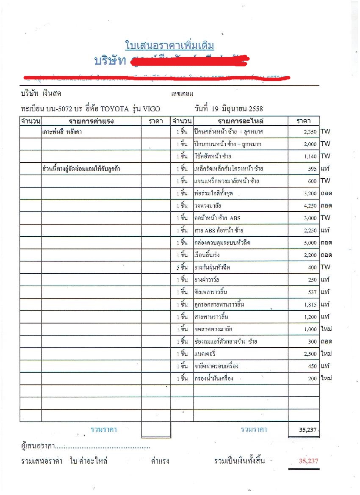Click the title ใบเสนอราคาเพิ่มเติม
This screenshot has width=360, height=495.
(170, 45)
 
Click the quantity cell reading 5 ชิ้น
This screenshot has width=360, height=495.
(182, 267)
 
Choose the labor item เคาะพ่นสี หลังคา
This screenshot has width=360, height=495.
(62, 132)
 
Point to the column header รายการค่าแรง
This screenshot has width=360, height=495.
(91, 121)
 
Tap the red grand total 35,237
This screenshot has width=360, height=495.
(308, 461)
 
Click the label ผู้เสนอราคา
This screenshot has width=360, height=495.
(38, 446)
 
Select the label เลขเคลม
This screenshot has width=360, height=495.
(182, 94)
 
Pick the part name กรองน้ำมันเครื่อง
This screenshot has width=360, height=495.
(213, 378)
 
